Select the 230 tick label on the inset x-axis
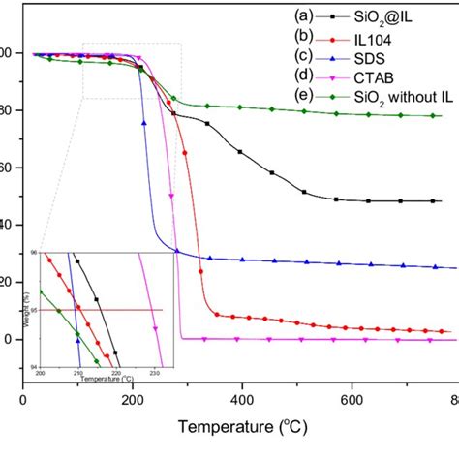point(154,372)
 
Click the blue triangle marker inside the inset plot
point(78,340)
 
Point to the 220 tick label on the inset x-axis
point(116,372)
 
